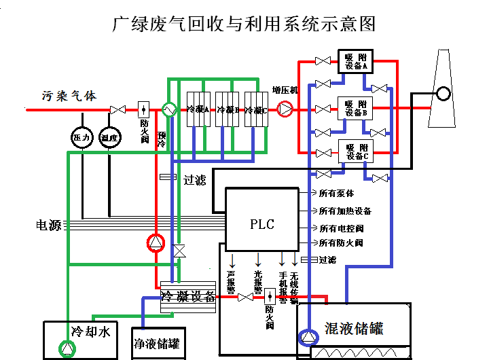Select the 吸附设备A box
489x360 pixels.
click(x=355, y=62)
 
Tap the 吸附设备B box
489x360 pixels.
click(x=355, y=107)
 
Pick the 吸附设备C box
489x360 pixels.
click(x=356, y=151)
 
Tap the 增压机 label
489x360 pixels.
click(x=285, y=91)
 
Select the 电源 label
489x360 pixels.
click(x=48, y=224)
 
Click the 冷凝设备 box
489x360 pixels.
click(x=187, y=297)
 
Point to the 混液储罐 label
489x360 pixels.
click(x=354, y=329)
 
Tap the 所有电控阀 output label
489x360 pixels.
click(x=341, y=228)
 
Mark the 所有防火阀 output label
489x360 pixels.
click(x=341, y=243)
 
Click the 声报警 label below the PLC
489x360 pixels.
click(x=231, y=282)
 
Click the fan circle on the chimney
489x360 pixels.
click(x=443, y=93)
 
